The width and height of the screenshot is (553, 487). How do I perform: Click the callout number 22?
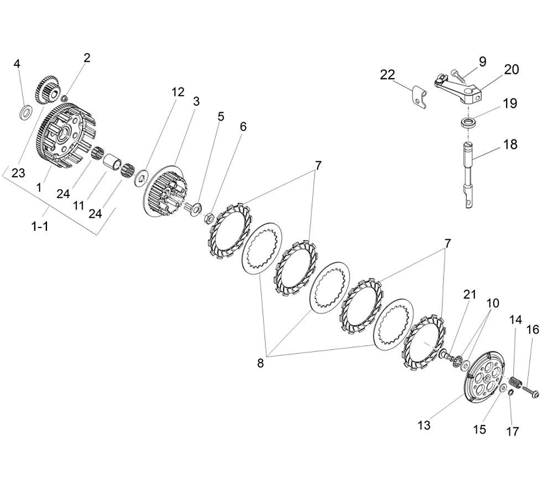388,75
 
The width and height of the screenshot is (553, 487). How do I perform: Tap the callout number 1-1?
39,226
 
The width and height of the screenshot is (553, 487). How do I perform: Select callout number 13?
424,426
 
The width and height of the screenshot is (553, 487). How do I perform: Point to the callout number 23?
18,173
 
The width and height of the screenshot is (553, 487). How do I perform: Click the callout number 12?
178,92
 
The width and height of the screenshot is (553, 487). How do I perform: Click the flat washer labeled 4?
25,113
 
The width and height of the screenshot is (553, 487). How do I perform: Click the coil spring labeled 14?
516,382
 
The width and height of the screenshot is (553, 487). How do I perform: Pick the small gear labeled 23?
48,89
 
